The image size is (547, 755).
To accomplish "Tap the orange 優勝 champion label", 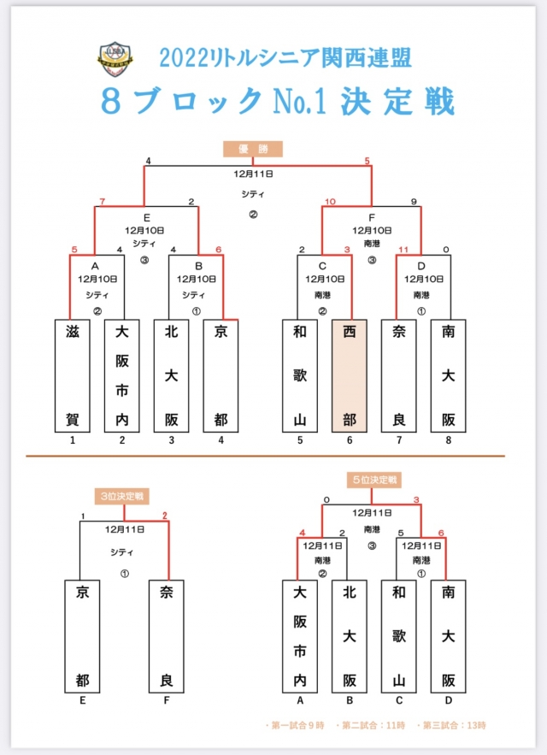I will [253, 149].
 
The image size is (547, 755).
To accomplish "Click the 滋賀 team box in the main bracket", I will [73, 375].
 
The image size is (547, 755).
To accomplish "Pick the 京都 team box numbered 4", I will [221, 375].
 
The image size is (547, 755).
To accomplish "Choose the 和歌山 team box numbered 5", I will [300, 375].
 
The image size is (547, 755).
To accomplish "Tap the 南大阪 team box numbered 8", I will [448, 375].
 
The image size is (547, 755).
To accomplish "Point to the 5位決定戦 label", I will [373, 481].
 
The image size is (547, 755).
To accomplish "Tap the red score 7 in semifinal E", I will [103, 202].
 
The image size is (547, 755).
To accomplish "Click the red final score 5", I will [368, 160].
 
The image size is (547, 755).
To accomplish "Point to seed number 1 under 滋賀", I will [73, 440].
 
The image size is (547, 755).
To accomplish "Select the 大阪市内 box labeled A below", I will [300, 635].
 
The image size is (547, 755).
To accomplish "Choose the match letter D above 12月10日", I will [421, 265].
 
